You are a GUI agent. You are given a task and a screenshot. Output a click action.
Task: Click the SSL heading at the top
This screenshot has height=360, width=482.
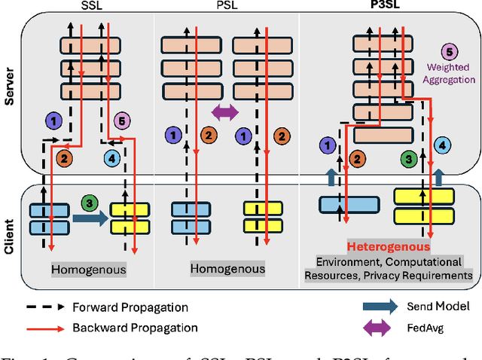coord(91,6)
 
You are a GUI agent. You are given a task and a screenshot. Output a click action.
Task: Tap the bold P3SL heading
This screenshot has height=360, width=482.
coord(385,6)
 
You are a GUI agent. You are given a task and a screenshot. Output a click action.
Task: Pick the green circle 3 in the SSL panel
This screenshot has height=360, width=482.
coord(90,203)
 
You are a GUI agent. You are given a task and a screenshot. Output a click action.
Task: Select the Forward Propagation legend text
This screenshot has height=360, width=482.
coord(130,307)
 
